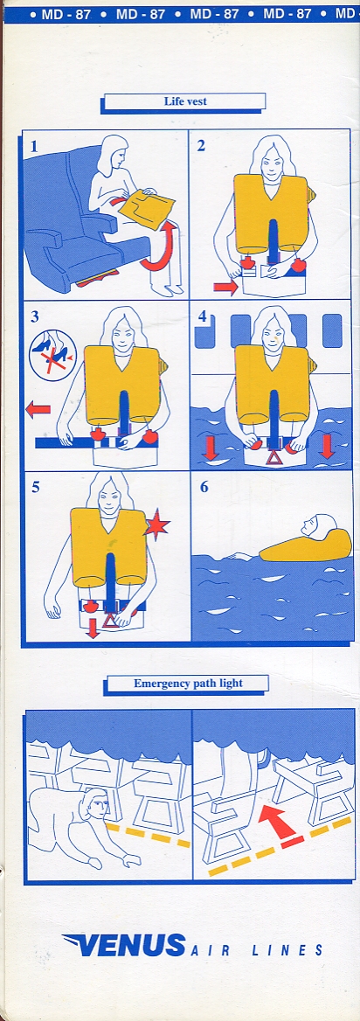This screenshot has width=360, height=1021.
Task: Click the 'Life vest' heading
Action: tap(185, 101)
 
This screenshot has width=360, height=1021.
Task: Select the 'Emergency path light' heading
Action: tap(188, 683)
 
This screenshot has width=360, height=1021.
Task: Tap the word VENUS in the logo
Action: tap(124, 945)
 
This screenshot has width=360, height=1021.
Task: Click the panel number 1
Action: tap(34, 147)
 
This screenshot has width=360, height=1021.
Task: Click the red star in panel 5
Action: tap(156, 525)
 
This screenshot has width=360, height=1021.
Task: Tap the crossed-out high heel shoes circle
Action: tap(52, 352)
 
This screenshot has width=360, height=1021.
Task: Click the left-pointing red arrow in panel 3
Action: tap(38, 410)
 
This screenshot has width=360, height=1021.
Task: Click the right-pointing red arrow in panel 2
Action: tap(225, 287)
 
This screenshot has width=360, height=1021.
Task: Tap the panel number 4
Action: tap(203, 317)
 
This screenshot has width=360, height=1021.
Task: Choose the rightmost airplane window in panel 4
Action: tap(332, 330)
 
